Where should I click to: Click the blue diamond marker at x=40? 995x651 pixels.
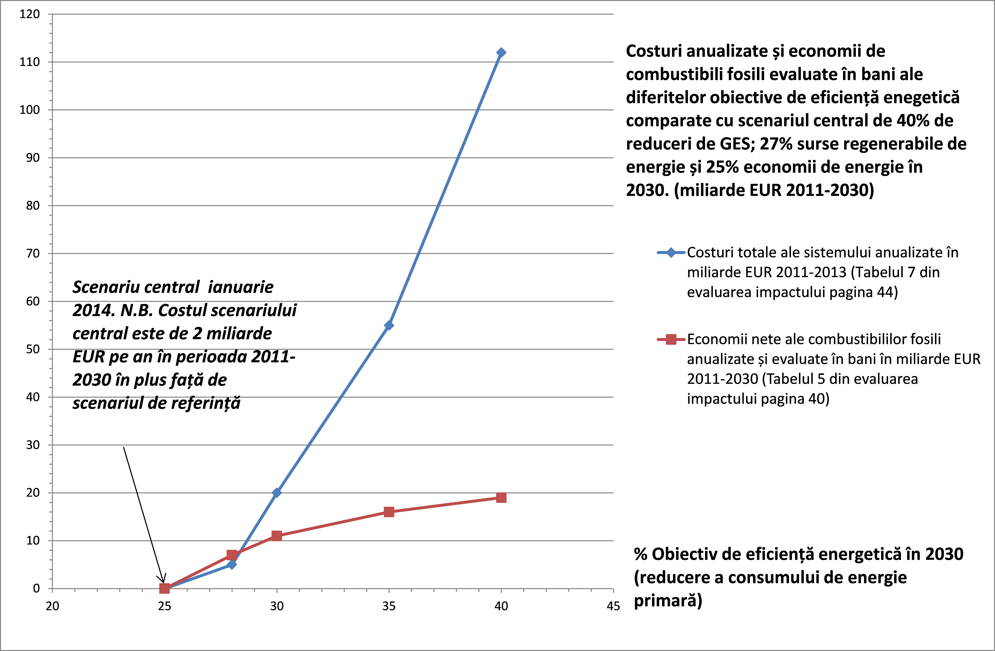point(501,53)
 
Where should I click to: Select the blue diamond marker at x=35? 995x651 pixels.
point(389,325)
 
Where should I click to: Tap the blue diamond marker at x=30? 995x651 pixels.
point(276,493)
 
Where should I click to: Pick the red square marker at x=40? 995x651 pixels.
point(501,497)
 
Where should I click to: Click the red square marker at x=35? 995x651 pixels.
point(389,512)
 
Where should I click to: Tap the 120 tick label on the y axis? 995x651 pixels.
point(30,14)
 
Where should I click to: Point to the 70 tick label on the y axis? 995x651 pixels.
point(33,254)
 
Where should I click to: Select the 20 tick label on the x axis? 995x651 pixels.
point(52,606)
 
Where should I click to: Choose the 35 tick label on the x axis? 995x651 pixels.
point(389,606)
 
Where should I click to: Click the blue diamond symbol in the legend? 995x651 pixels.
point(671,253)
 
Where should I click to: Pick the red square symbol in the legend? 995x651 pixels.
point(671,339)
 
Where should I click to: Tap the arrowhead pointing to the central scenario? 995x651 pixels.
point(164,580)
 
